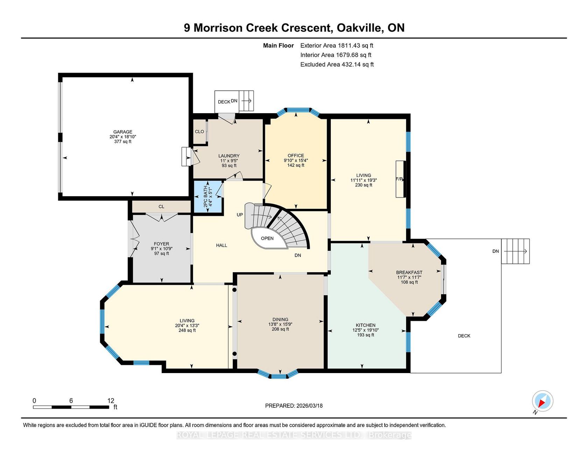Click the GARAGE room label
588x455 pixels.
point(122,132)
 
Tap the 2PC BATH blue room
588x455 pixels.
point(208,197)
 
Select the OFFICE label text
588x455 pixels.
point(296,156)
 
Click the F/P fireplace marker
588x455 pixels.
point(399,179)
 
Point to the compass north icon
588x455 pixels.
point(542,401)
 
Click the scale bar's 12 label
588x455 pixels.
point(111,401)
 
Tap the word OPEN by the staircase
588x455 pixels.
point(267,238)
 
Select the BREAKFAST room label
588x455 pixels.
point(409,272)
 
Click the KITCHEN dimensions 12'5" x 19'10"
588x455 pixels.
point(365,330)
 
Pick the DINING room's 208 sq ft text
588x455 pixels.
point(280,329)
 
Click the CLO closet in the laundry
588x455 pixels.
point(199,131)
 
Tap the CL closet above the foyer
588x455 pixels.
point(161,206)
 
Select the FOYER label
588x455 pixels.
point(161,244)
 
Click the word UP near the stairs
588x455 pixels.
point(240,215)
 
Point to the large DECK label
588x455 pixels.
point(464,336)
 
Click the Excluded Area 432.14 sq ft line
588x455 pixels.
point(337,64)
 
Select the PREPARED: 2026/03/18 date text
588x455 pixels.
point(294,406)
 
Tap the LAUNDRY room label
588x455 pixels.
point(229,156)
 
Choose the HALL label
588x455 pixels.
point(222,245)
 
